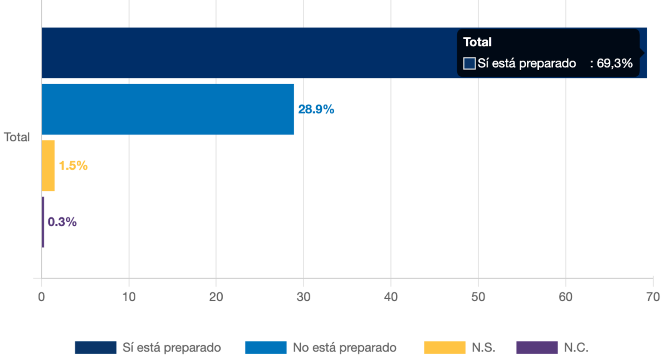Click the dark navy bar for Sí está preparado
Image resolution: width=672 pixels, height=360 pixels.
pos(245,53)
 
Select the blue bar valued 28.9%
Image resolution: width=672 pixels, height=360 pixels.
pos(168,109)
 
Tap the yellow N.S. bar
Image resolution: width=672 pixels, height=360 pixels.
pos(48,165)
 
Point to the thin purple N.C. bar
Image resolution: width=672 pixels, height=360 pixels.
pos(43,222)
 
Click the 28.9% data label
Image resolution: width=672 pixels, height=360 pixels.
pos(316,109)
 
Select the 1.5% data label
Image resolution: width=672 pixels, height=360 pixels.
pos(73,165)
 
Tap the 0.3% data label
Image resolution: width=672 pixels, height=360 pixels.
pos(62,222)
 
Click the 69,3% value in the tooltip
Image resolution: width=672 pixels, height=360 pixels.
pos(614,63)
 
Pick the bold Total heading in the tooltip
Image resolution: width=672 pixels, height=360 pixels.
pos(477,42)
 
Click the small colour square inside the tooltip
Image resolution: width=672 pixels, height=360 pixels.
pos(469,63)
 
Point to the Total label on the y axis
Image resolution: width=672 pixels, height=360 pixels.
pos(17,137)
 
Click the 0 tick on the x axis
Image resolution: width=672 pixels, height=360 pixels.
pos(41,297)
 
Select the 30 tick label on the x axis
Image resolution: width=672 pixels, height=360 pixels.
pos(303,297)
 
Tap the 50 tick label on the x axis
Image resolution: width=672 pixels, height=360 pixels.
pos(478,297)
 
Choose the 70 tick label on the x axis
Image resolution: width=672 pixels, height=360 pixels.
pos(653,297)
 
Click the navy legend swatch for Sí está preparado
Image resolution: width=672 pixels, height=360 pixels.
pos(96,347)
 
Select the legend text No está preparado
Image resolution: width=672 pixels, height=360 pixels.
pos(344,347)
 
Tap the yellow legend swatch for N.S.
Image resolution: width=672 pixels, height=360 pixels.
pos(444,347)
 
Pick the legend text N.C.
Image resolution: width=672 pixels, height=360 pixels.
pos(576,347)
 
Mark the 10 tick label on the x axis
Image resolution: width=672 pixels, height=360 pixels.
pos(129,297)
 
